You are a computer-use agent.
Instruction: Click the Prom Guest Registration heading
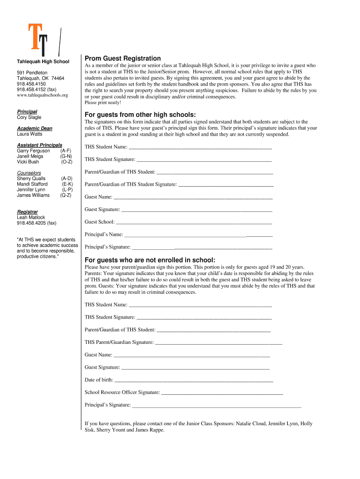point(122,58)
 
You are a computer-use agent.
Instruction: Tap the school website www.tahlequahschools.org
point(42,95)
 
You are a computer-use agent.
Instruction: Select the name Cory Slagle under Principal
point(29,117)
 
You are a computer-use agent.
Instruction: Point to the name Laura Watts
point(29,134)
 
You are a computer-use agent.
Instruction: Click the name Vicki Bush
point(28,162)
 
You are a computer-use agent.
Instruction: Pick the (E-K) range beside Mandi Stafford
point(67,184)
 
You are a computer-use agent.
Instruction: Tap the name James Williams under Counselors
point(33,196)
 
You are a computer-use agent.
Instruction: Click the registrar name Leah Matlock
point(31,218)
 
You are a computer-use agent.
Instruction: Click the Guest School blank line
point(194,222)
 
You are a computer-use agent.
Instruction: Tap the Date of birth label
point(99,380)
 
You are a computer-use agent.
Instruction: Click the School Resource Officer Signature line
point(222,392)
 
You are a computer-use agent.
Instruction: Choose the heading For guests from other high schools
point(140,116)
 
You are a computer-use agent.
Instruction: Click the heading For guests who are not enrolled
point(150,260)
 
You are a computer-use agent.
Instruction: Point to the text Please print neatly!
point(102,102)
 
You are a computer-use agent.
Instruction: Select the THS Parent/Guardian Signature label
point(119,342)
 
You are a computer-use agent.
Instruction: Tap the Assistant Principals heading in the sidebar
point(39,145)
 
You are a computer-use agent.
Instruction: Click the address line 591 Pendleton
point(32,73)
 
